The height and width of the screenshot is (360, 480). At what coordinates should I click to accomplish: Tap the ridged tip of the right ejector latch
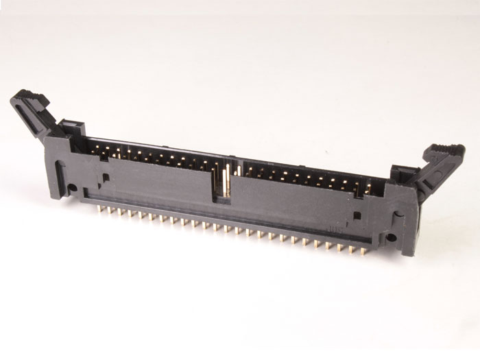(x=444, y=152)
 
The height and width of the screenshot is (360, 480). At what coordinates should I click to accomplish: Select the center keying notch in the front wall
(x=224, y=185)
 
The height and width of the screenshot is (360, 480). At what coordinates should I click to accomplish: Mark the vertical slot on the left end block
(x=61, y=171)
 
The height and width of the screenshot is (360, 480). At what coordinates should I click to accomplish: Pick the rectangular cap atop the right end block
(x=402, y=176)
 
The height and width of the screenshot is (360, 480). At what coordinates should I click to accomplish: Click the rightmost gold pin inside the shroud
(x=369, y=185)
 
